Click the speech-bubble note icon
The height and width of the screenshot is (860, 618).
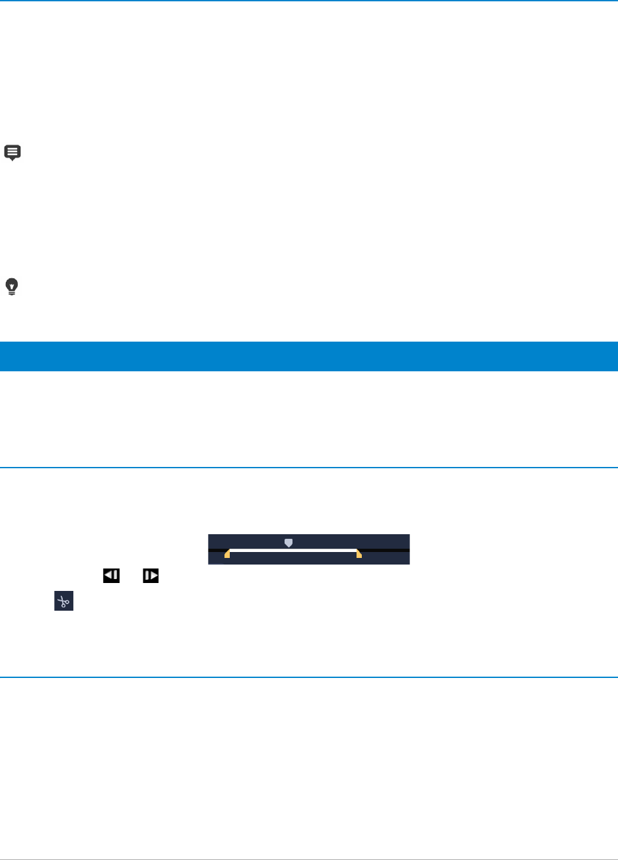(13, 152)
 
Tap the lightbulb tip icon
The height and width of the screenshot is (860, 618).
(13, 286)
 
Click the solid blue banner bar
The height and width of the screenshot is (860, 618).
(309, 356)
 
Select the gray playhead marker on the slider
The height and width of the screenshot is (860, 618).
(288, 543)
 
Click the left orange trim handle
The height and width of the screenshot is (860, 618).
(227, 554)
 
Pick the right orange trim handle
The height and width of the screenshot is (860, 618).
(359, 554)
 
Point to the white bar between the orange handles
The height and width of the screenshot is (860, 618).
(293, 549)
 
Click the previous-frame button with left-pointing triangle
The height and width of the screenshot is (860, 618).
(110, 575)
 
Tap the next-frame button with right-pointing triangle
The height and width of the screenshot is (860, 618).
(151, 575)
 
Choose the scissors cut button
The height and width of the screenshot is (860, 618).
(63, 601)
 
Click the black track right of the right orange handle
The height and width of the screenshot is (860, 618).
(386, 550)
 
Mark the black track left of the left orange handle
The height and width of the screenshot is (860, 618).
(217, 550)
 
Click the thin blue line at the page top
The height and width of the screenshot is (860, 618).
(309, 1)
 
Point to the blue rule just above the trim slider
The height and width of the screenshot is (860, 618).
(309, 468)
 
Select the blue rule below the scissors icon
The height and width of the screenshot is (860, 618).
(309, 677)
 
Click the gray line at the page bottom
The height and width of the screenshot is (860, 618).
(309, 859)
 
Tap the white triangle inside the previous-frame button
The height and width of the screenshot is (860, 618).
(108, 575)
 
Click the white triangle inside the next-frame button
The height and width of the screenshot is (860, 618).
(153, 575)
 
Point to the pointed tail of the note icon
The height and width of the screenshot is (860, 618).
(13, 160)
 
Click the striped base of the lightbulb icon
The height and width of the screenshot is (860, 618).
(13, 292)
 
